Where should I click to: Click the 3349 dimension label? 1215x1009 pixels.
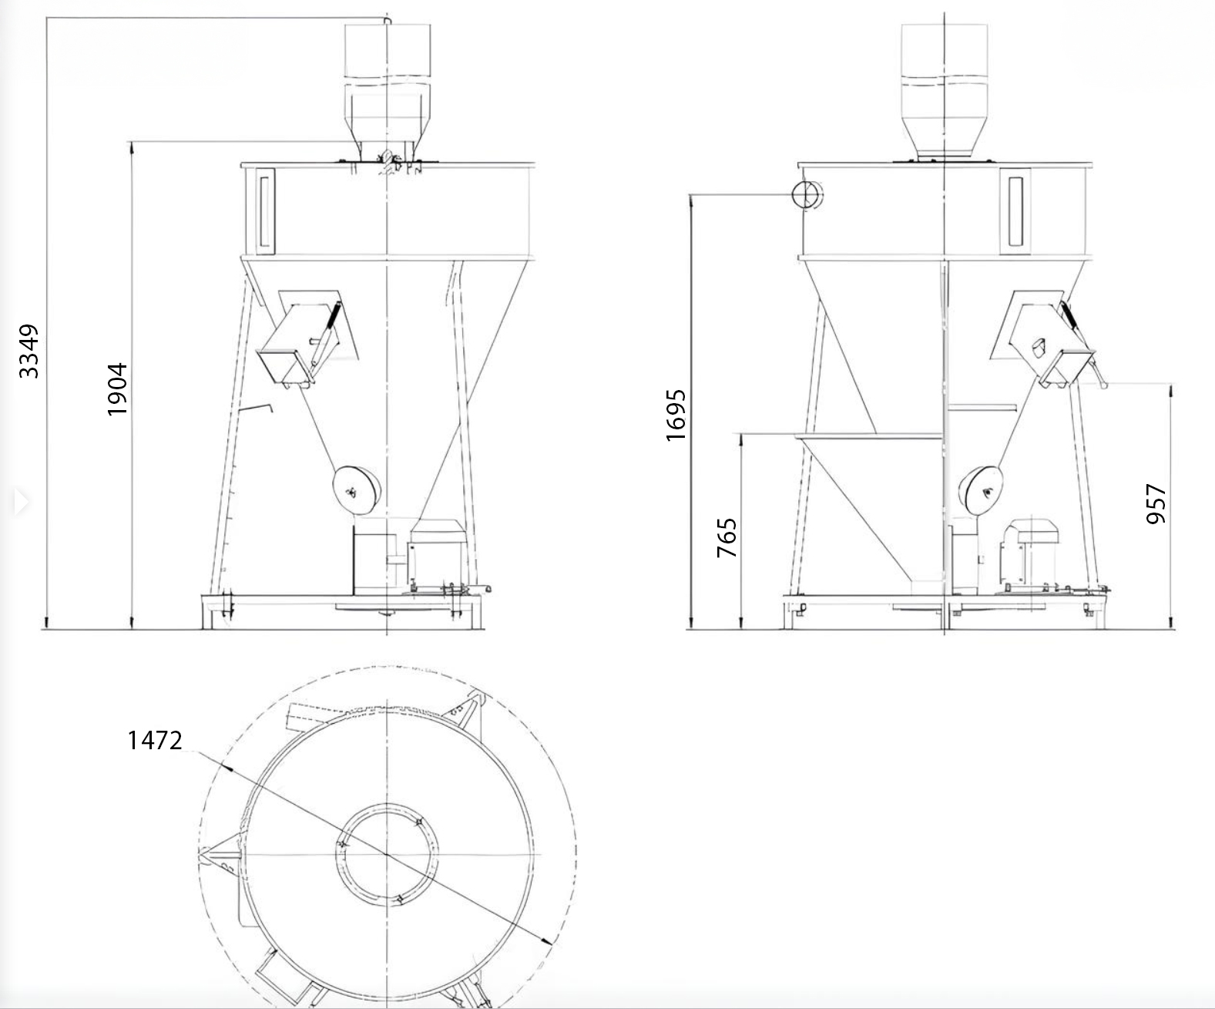click(x=29, y=351)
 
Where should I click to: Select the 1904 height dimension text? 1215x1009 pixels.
click(x=117, y=389)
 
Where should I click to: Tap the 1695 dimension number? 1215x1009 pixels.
click(x=676, y=415)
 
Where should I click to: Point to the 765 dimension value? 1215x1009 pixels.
click(x=727, y=538)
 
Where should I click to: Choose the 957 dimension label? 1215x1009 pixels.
click(x=1156, y=503)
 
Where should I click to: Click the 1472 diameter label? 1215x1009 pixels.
click(x=155, y=740)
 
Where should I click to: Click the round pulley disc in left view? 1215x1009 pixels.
click(x=356, y=491)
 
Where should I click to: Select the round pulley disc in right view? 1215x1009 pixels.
click(x=984, y=491)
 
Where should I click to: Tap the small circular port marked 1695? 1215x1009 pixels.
click(x=807, y=194)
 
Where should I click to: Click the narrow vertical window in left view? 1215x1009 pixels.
click(x=265, y=210)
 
